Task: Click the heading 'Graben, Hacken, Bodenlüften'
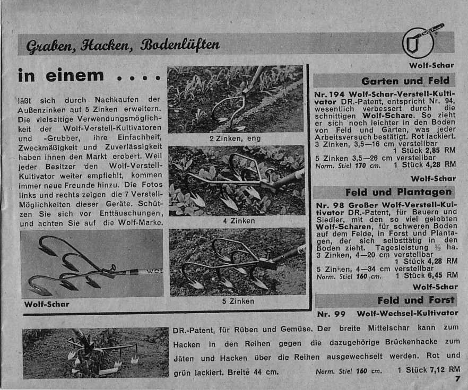(x=123, y=45)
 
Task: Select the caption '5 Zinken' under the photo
(x=238, y=301)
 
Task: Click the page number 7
(x=457, y=379)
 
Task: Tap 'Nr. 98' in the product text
(x=329, y=204)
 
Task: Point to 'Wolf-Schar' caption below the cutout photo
(x=47, y=305)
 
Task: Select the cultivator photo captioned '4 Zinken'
(x=237, y=180)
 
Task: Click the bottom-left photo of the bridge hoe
(x=96, y=353)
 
